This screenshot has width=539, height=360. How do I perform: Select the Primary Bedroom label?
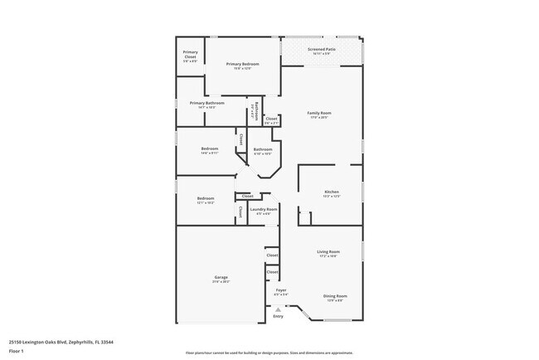click(x=243, y=64)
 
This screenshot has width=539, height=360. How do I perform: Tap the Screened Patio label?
click(x=321, y=50)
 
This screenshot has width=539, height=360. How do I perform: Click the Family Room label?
click(x=319, y=113)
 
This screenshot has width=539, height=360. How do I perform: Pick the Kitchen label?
click(x=331, y=192)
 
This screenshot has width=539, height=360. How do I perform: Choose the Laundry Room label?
click(x=264, y=209)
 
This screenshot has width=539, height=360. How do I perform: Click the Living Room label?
click(x=328, y=251)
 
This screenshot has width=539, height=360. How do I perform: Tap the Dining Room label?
click(x=335, y=296)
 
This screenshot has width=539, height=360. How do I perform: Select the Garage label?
click(x=221, y=277)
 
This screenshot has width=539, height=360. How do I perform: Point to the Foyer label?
click(x=280, y=290)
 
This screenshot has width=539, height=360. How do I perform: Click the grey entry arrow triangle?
click(x=278, y=309)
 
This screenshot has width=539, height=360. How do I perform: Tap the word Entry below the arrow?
click(x=278, y=316)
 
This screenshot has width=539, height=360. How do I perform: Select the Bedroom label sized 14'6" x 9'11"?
click(x=209, y=148)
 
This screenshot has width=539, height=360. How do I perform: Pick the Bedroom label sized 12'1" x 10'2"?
click(x=206, y=198)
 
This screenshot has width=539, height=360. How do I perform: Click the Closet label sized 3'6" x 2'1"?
click(x=271, y=119)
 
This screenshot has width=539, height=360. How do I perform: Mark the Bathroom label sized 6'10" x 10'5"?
click(x=263, y=149)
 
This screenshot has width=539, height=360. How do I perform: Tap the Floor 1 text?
click(x=16, y=351)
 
